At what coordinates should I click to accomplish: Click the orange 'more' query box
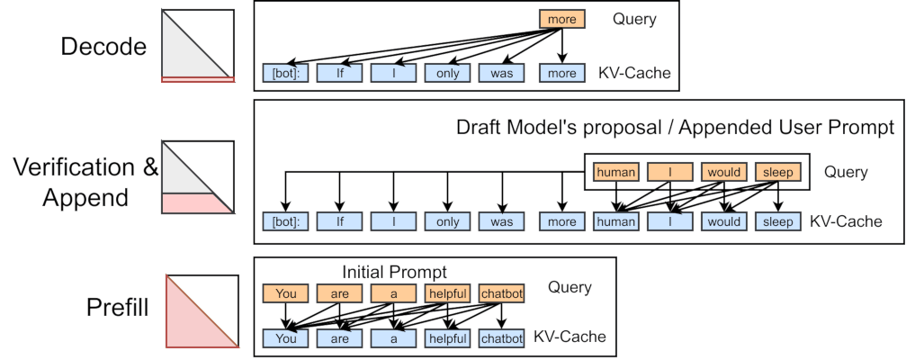561,19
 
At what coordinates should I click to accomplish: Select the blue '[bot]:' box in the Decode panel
285,74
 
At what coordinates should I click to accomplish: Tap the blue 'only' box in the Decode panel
448,74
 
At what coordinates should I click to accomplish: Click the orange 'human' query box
616,172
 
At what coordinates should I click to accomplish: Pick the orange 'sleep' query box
778,172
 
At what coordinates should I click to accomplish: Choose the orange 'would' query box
724,172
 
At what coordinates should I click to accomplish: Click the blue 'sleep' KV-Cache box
778,222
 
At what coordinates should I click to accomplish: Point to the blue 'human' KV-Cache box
616,222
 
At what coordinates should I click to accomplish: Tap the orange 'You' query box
285,293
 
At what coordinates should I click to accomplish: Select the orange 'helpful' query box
448,293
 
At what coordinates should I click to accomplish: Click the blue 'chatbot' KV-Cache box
501,338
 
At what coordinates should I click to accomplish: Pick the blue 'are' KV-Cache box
339,338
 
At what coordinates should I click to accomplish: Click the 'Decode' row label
103,46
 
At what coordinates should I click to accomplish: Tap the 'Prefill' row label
118,308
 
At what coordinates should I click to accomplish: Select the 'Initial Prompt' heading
395,272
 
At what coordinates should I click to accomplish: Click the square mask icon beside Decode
198,46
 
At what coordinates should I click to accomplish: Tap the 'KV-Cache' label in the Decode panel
635,74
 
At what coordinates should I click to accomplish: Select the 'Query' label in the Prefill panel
570,287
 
